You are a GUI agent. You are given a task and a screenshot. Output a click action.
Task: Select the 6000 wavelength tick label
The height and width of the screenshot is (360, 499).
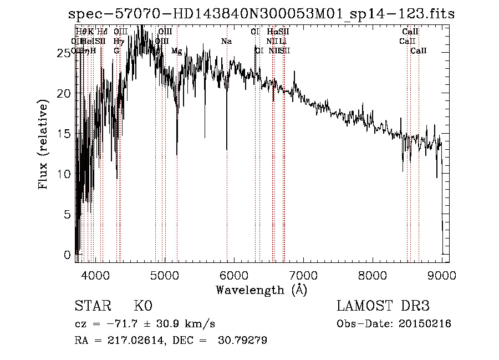233,274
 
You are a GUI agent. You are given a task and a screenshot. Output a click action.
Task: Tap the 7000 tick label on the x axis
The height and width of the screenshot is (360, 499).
303,274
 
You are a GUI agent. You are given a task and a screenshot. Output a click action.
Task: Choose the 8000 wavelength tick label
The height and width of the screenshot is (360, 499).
372,274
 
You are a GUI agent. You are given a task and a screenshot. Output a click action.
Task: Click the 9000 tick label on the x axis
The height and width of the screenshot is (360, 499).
441,274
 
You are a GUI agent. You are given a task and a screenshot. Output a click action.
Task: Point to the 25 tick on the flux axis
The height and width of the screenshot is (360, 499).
65,53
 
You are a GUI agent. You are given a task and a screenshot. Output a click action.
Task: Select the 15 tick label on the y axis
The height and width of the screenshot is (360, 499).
65,134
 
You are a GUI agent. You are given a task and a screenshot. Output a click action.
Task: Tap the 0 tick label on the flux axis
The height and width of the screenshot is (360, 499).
68,255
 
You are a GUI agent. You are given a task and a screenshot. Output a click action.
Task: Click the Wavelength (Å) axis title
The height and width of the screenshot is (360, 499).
261,289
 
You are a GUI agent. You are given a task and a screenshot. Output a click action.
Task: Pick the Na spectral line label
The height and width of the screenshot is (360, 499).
226,41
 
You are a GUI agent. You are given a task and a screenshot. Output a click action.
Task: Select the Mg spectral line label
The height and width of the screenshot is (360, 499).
176,51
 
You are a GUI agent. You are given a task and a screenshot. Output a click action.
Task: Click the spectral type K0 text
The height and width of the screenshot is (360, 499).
143,306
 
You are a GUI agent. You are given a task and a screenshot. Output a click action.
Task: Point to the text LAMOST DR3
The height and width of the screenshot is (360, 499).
383,306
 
